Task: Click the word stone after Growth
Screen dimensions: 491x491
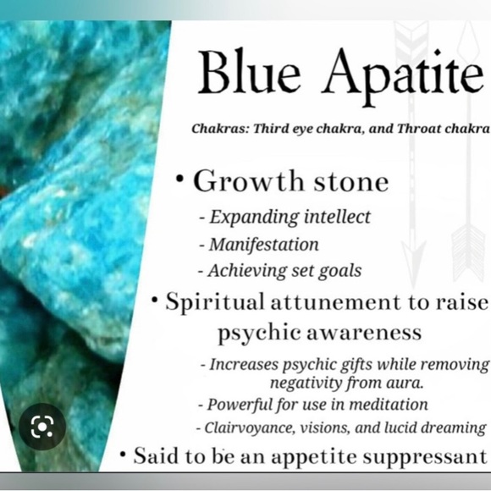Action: pyautogui.click(x=345, y=182)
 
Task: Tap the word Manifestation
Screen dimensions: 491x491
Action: pyautogui.click(x=264, y=245)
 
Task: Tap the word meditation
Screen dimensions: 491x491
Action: pyautogui.click(x=387, y=404)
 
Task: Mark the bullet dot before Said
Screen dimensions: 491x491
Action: pyautogui.click(x=123, y=455)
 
